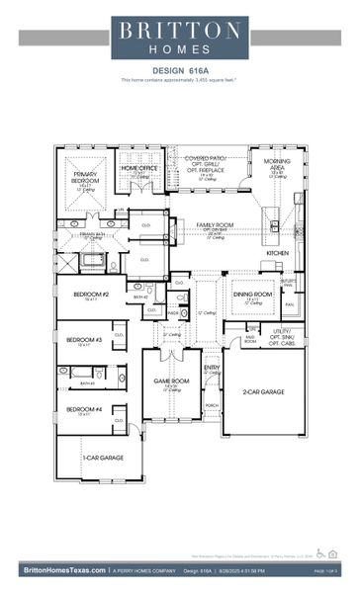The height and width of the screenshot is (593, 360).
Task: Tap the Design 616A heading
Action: tap(179, 70)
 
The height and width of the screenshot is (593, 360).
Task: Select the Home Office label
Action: tap(139, 169)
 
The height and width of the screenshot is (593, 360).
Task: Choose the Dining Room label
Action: tap(252, 295)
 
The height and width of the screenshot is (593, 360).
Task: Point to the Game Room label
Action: tap(170, 381)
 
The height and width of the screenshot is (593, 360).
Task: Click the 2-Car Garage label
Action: tap(263, 392)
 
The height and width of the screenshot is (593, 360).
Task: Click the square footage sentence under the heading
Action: tap(179, 79)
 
